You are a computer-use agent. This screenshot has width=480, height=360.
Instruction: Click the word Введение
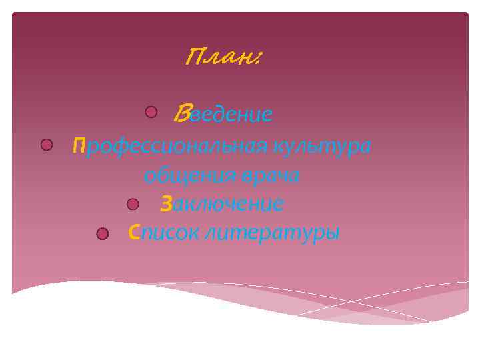point(223,115)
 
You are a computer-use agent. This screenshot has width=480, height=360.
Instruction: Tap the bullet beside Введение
point(151,111)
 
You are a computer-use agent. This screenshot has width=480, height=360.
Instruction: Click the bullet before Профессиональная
point(46,144)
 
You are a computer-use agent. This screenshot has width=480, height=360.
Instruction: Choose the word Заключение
point(222,203)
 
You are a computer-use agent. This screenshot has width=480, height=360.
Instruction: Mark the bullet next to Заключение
point(133,203)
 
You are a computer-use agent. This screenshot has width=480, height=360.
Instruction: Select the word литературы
point(273,233)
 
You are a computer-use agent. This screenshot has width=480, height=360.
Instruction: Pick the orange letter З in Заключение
point(167,203)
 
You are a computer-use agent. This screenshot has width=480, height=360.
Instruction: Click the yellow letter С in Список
point(134,233)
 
